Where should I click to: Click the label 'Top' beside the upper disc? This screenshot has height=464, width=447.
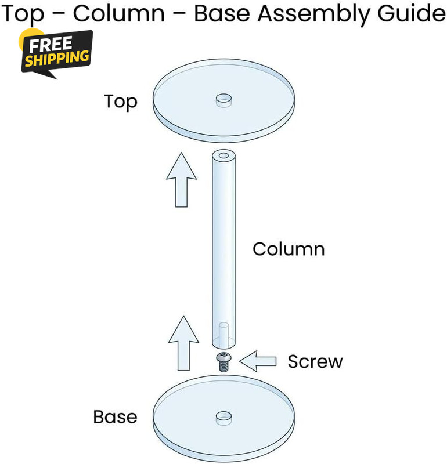pyautogui.click(x=121, y=102)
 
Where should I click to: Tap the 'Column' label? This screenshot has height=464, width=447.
pyautogui.click(x=289, y=249)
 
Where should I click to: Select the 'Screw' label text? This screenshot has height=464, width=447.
pyautogui.click(x=315, y=361)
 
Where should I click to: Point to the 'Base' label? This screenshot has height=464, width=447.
pyautogui.click(x=115, y=417)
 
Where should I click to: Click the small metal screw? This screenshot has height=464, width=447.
pyautogui.click(x=223, y=362)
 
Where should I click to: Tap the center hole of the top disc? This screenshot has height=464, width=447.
pyautogui.click(x=223, y=100)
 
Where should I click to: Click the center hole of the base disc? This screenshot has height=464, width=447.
pyautogui.click(x=223, y=418)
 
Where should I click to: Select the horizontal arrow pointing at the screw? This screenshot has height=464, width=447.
pyautogui.click(x=258, y=361)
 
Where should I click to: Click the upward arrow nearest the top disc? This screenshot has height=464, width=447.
pyautogui.click(x=181, y=180)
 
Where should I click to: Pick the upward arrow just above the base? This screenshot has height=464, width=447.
pyautogui.click(x=183, y=343)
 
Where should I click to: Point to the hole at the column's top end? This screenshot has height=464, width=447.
pyautogui.click(x=223, y=155)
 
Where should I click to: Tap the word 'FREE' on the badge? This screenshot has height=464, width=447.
pyautogui.click(x=51, y=45)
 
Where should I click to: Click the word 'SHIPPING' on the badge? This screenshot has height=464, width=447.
pyautogui.click(x=57, y=58)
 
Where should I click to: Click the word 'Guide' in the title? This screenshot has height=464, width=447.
pyautogui.click(x=411, y=13)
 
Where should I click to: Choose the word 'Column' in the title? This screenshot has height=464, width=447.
pyautogui.click(x=119, y=13)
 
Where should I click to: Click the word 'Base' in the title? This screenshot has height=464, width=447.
pyautogui.click(x=222, y=14)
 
